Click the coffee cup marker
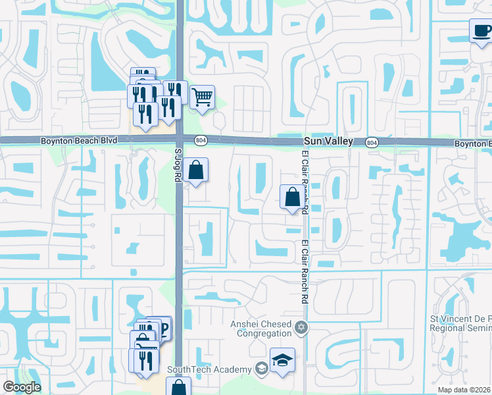coord(480,31)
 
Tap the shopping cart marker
coord(202,97)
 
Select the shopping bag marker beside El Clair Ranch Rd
coord(291,197)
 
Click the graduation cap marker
coord(282,360)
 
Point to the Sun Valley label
coord(328,142)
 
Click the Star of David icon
coord(301,327)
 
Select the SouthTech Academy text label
coord(210,369)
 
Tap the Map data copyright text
coord(463,390)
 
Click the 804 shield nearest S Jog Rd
coord(201,140)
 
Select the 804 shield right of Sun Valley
coord(372,142)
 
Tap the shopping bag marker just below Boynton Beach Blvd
coord(196,171)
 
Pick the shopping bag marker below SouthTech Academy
coord(178,387)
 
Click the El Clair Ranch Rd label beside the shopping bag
coord(305,184)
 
